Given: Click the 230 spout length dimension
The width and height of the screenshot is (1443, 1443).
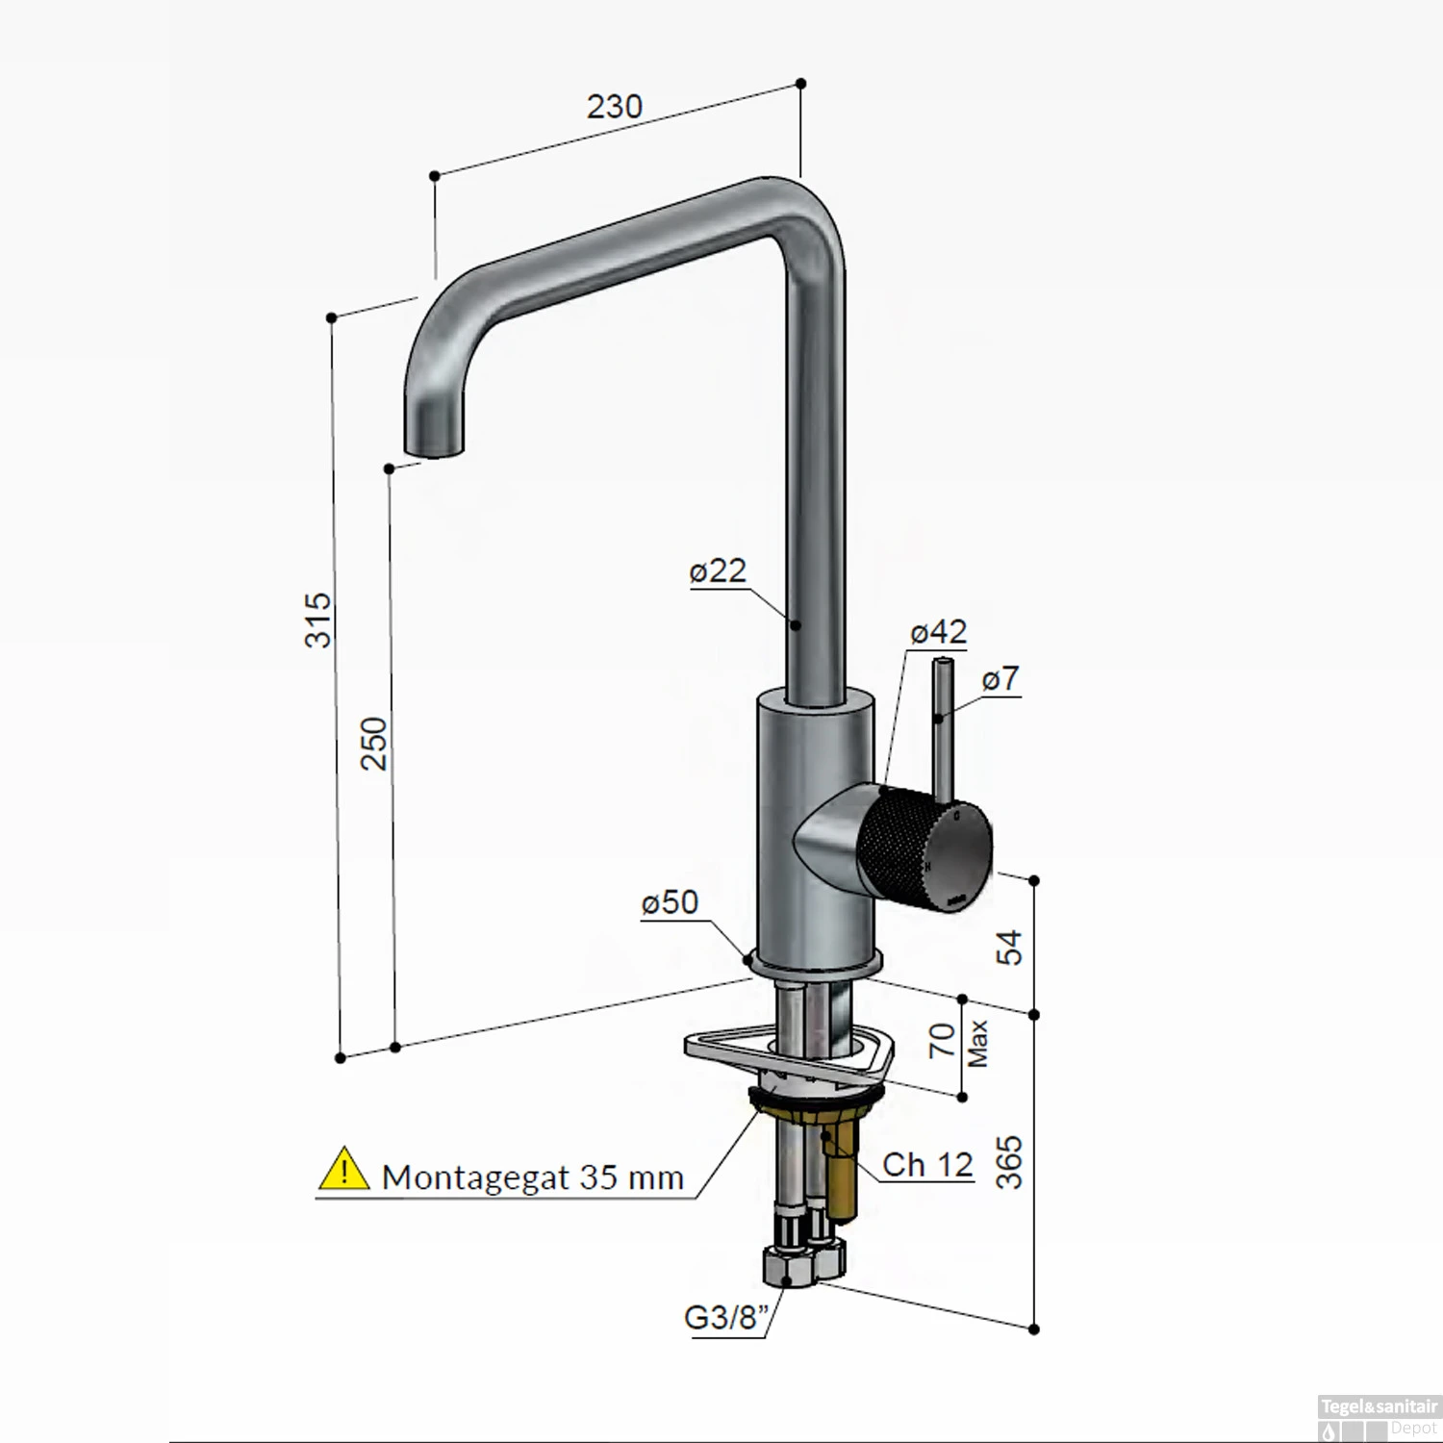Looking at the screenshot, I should (x=614, y=106).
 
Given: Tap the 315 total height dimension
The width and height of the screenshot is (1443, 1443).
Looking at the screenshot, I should (x=318, y=620).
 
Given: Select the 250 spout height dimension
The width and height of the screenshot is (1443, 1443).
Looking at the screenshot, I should (x=375, y=742).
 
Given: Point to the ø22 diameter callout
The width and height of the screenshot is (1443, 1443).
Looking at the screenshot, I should (x=718, y=570).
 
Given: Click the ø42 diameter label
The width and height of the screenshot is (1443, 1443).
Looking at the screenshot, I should (x=938, y=632).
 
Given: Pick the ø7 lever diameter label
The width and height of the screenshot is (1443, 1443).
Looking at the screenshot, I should (x=1000, y=679).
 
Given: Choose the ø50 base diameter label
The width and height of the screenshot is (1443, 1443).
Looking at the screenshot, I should (x=670, y=902).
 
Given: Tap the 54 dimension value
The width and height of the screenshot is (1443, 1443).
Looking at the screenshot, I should (x=1009, y=948).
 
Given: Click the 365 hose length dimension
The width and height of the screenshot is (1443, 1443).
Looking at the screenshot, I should (x=1008, y=1162).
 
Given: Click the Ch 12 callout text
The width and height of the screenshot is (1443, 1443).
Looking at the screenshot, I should (x=927, y=1165).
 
